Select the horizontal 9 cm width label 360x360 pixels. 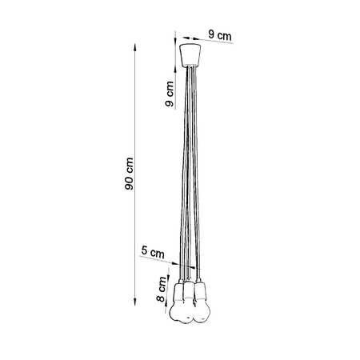(x=220, y=34)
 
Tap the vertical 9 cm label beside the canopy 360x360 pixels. (x=170, y=94)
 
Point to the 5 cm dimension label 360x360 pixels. (x=152, y=252)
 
